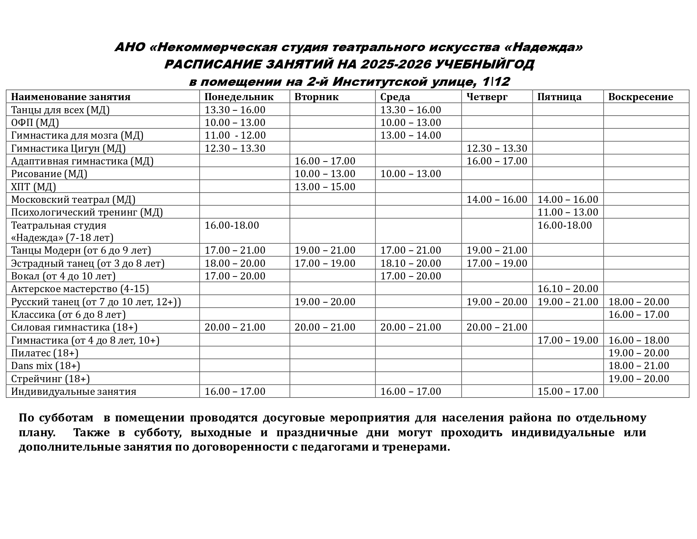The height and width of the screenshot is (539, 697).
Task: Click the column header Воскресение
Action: coord(640,97)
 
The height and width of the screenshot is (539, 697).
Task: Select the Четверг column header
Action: coord(487,97)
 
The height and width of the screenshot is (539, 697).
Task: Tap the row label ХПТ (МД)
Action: coord(33,186)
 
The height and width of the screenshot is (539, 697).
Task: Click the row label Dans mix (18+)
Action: coord(45,366)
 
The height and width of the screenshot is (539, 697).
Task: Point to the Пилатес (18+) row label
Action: coord(44,353)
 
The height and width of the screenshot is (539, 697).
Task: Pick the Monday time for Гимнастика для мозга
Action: coord(235,135)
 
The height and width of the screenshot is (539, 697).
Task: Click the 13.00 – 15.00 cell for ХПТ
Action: coord(325,186)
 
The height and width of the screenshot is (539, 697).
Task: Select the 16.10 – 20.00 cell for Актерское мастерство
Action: coord(568,289)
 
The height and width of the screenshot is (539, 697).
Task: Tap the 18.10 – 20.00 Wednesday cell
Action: coord(411,263)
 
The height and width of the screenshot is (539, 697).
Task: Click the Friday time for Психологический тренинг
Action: coord(568,212)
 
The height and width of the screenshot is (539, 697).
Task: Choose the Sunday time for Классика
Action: coord(639,315)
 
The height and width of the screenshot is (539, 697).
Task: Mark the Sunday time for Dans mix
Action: coord(639,366)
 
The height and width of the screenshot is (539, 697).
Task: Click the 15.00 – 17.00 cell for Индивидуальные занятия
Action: coord(568,391)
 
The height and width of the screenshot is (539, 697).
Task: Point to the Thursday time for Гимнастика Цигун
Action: coord(497,148)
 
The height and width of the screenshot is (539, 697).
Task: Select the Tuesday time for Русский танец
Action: coord(325,302)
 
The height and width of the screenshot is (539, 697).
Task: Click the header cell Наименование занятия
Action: coord(71,97)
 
